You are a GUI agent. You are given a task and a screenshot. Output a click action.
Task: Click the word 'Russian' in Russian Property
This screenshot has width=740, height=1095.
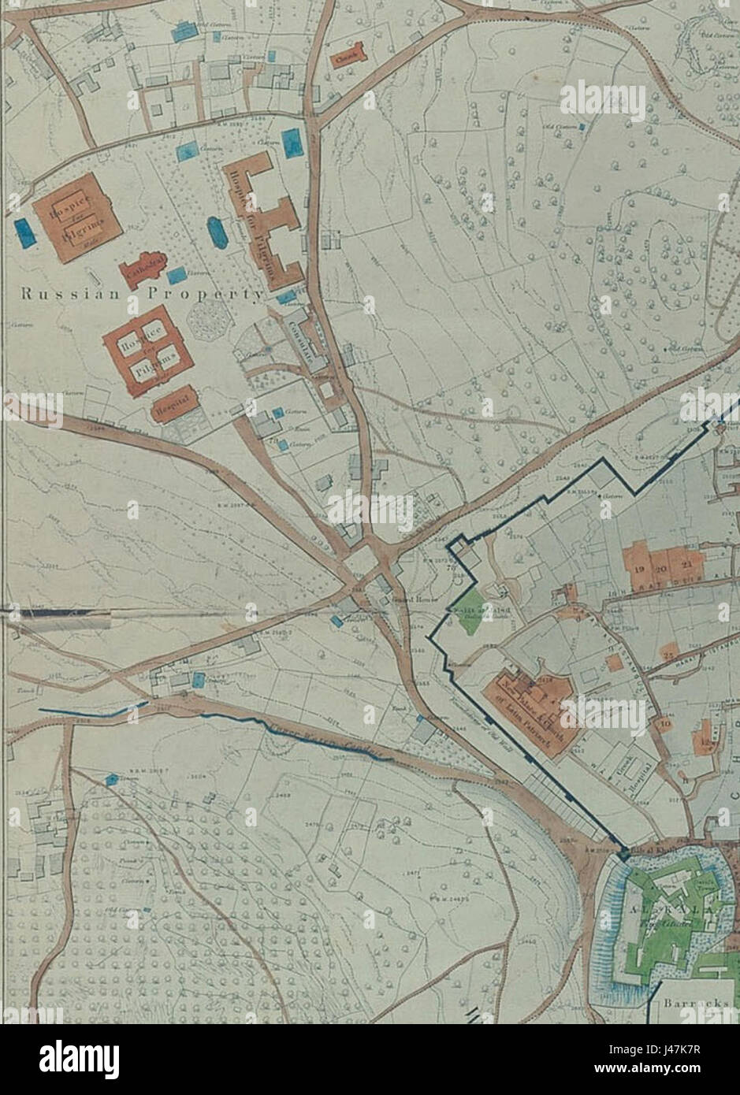[69, 295]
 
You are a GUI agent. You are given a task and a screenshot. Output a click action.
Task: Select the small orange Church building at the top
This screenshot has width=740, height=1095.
[348, 57]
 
